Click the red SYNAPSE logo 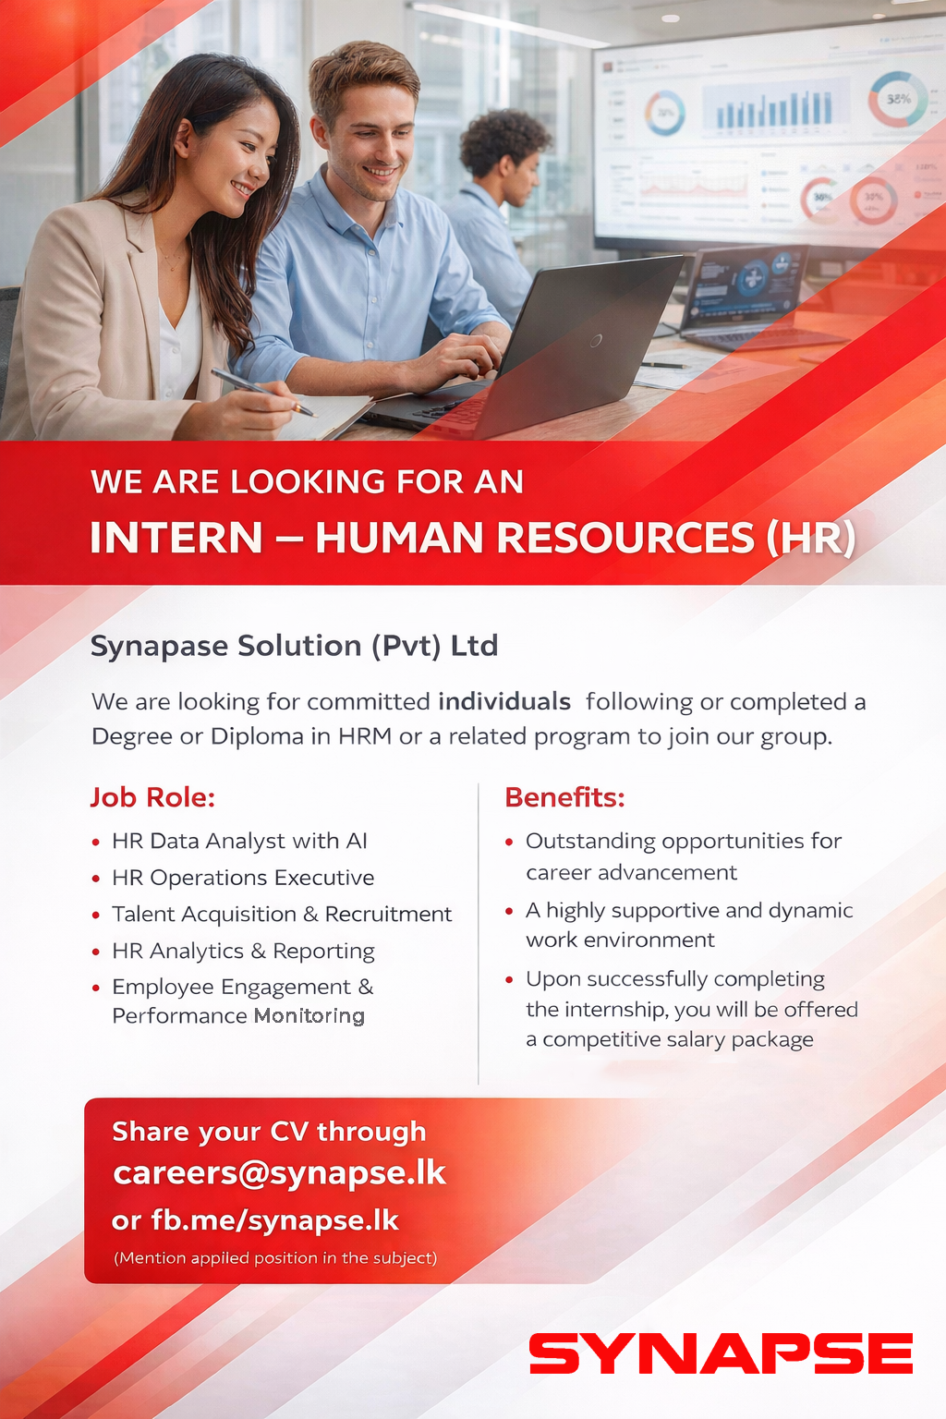tap(722, 1353)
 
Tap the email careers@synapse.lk tap(279, 1173)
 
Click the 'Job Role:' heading tap(152, 797)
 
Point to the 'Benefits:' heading tap(564, 797)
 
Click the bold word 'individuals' tap(504, 702)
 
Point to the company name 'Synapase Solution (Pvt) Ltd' tap(294, 646)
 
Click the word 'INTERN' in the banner tap(176, 538)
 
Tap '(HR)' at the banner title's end tap(811, 539)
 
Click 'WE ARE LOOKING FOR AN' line tap(308, 481)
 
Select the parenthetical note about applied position tap(275, 1257)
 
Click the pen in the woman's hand tap(264, 393)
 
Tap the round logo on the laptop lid tap(596, 342)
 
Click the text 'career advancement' tap(631, 873)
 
